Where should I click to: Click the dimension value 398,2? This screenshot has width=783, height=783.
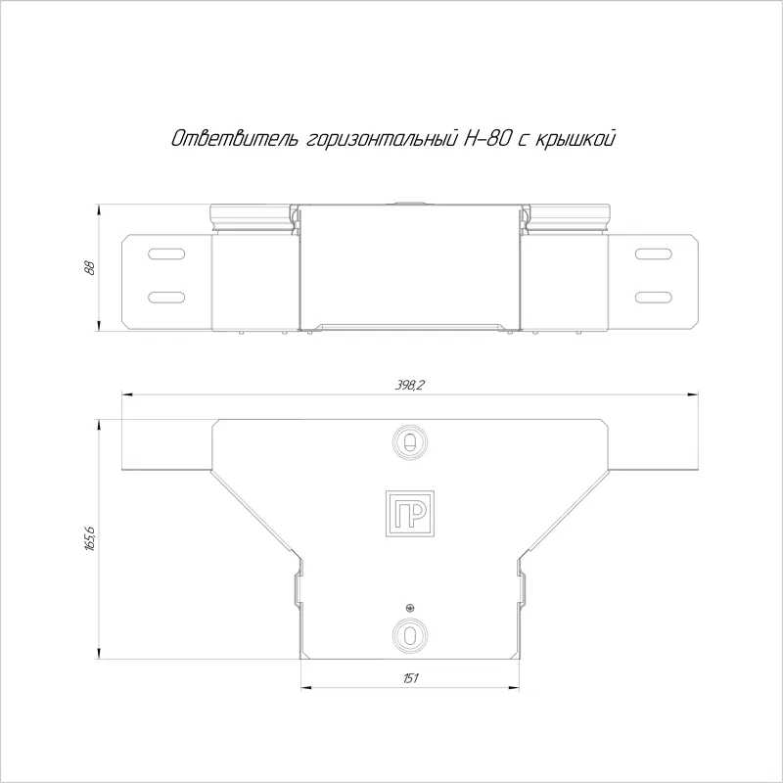(409, 385)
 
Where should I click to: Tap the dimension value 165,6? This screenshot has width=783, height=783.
(90, 538)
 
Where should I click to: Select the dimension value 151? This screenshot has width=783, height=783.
(410, 677)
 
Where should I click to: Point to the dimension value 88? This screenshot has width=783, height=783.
(90, 267)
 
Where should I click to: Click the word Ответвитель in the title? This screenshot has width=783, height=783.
(236, 138)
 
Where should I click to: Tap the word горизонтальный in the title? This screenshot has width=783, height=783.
(382, 139)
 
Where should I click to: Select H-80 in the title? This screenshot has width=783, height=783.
(487, 138)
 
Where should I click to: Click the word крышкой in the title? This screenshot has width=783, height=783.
(575, 138)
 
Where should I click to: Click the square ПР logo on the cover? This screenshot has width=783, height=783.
(409, 514)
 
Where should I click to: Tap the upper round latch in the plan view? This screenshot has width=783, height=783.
(409, 442)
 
